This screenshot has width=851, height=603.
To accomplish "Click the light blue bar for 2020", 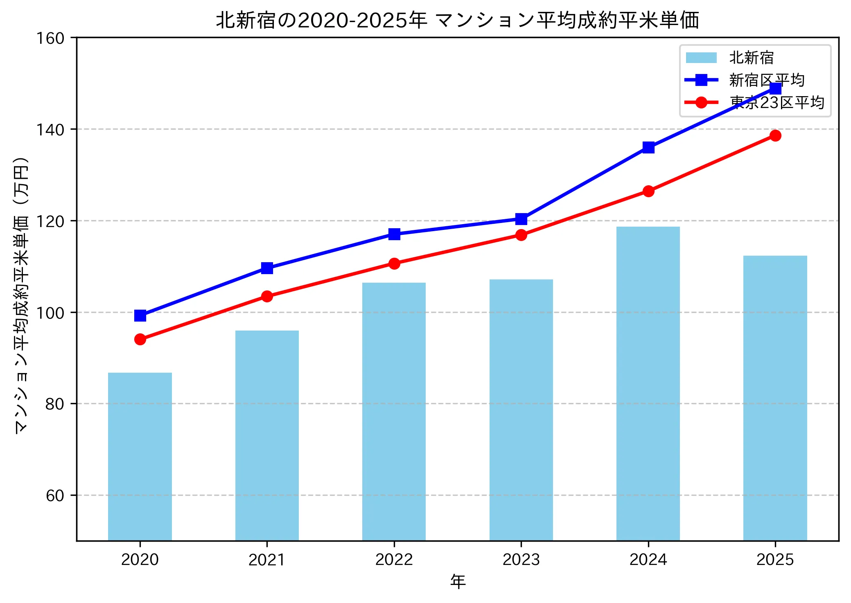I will point(140,456).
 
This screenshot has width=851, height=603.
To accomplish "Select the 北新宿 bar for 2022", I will point(394,411).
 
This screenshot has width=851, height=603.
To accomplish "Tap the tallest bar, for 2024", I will point(648,383).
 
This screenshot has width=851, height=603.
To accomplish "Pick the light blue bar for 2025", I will point(775,398).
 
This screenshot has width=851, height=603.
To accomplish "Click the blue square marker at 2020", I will point(140,315).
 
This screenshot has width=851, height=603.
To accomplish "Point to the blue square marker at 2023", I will point(521,219).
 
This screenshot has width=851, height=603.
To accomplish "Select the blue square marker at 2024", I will point(648,147).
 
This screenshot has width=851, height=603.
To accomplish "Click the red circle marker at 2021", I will point(267,296).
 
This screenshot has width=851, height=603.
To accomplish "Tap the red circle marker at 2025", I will point(775,135).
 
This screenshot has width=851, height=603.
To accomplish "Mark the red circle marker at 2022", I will point(394,263).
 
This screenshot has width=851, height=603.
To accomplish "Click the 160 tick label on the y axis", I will point(50,38).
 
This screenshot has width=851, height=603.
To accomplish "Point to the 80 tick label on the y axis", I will point(55,404).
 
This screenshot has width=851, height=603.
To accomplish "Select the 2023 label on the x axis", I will point(521,560).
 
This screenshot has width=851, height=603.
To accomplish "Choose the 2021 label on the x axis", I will point(267,560).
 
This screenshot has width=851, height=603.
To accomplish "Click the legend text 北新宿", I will point(752,58).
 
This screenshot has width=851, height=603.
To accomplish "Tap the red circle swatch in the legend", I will point(701,102).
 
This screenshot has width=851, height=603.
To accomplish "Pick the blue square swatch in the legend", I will point(701,80).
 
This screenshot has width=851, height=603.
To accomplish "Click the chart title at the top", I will point(457,20).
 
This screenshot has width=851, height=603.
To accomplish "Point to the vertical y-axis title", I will point(21,295).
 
